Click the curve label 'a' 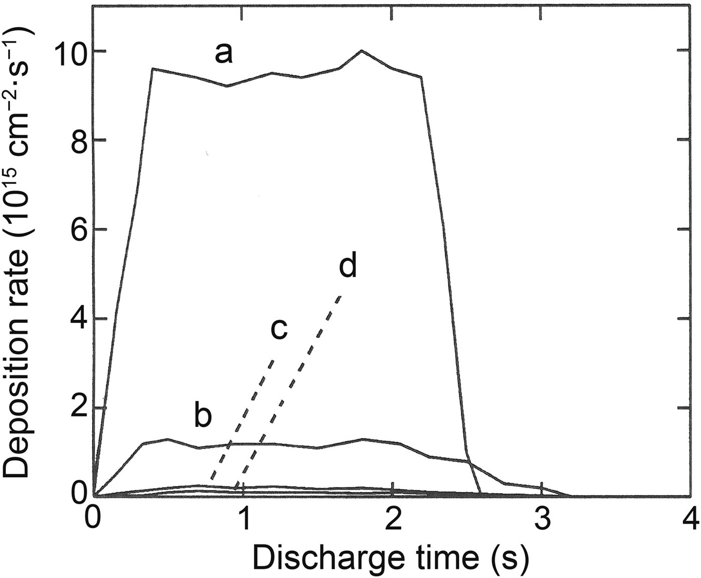224,53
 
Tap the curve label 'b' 203,418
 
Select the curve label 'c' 278,329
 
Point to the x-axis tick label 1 244,517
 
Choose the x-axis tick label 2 394,517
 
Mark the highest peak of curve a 362,51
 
